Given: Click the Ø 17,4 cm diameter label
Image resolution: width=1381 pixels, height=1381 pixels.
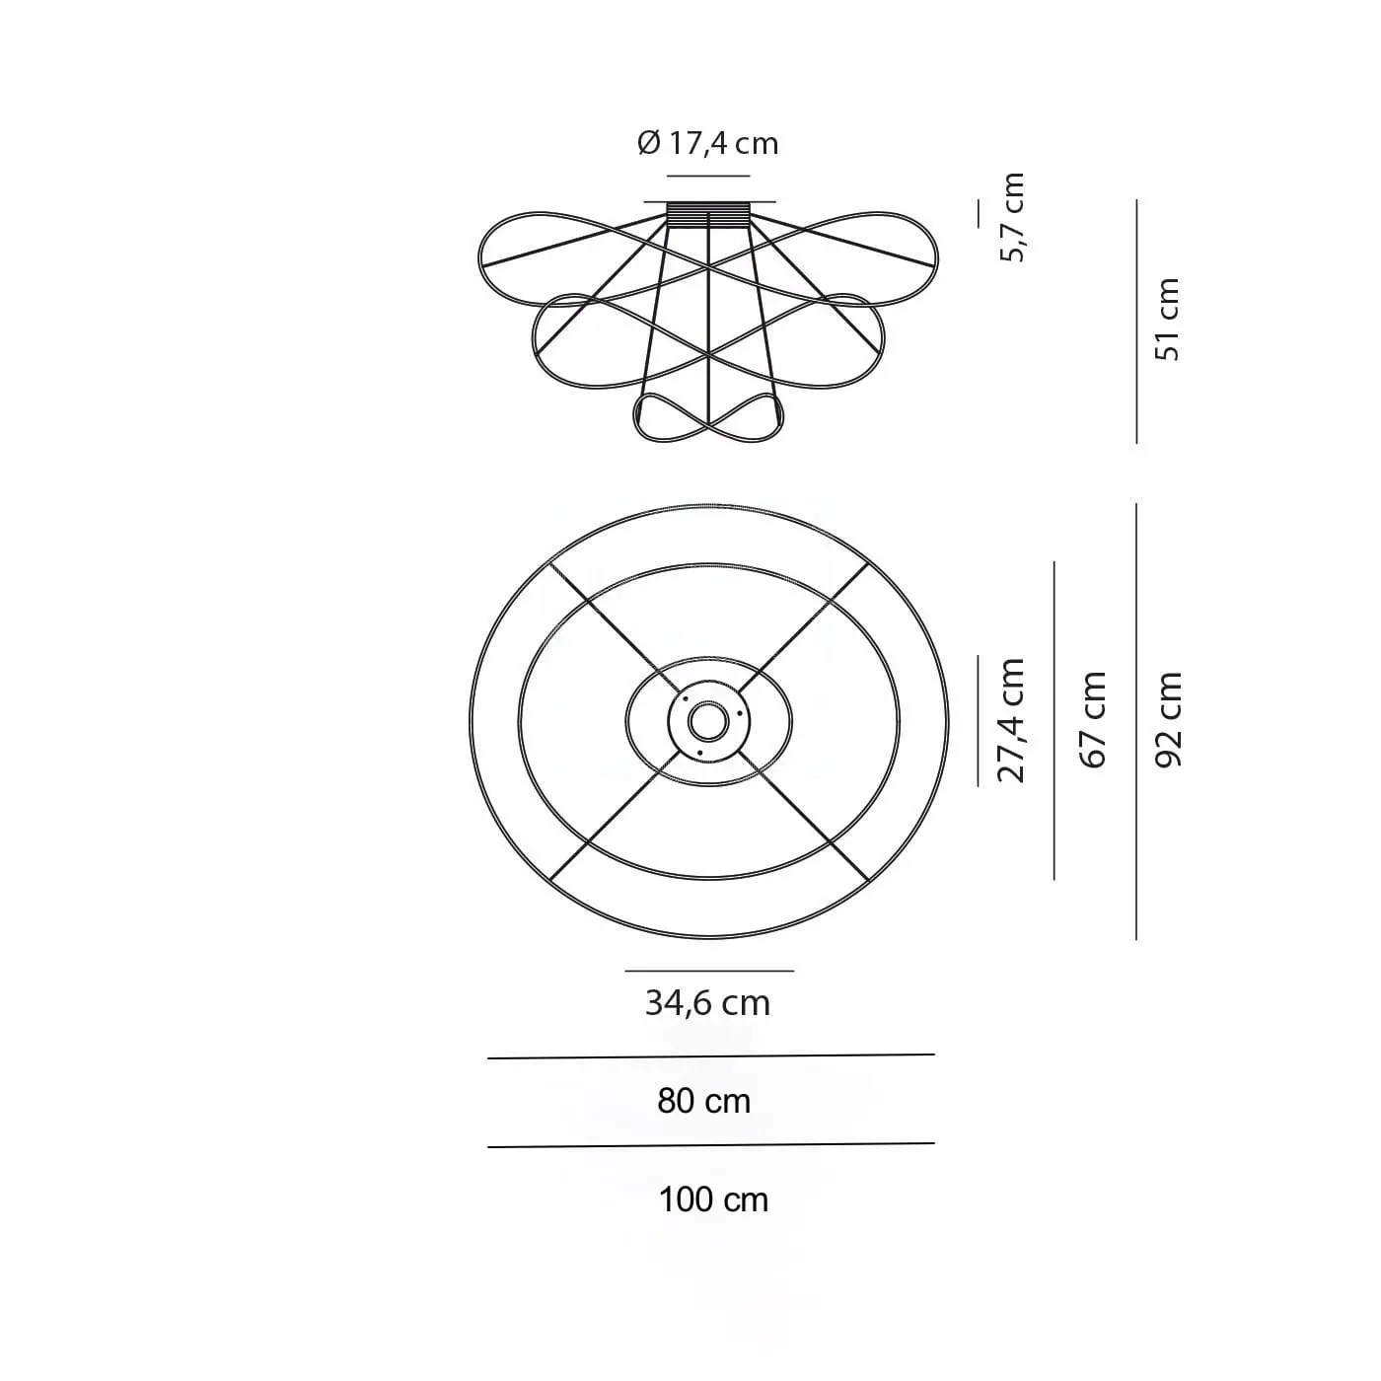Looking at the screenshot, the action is [707, 143].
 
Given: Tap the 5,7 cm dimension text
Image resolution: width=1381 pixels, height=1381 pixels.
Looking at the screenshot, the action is [1013, 217].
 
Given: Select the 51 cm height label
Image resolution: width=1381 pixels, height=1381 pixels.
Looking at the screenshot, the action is [1167, 320].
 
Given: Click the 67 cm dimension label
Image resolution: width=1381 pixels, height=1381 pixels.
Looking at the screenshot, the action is [1094, 720].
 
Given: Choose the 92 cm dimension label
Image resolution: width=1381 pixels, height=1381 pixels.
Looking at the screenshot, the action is [1168, 720].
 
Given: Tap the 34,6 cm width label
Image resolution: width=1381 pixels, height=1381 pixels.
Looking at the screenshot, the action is [707, 1002].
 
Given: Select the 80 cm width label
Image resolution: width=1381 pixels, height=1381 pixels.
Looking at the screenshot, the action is [703, 1101].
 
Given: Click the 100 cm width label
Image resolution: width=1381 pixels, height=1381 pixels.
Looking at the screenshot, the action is [713, 1199].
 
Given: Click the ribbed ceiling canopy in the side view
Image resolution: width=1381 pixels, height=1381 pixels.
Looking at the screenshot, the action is [708, 215].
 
